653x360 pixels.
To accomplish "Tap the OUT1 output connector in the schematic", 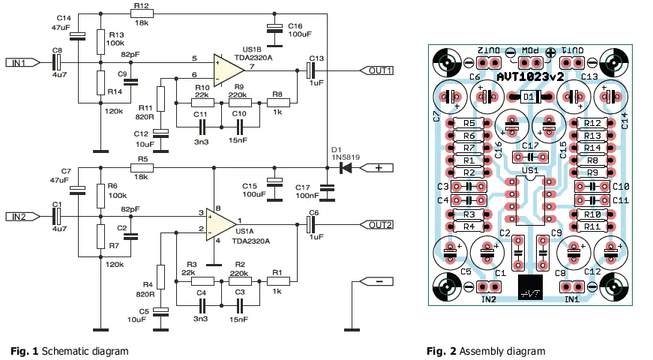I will [x=379, y=70].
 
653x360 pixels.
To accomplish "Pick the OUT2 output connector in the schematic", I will [x=379, y=224].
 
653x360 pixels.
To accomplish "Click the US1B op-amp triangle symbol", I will [x=228, y=69].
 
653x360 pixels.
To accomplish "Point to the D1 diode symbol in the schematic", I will [x=346, y=168].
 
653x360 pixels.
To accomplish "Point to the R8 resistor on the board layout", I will [x=592, y=160].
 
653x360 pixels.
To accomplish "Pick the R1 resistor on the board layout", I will [x=468, y=160].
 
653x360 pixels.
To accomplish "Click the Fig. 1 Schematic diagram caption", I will [x=69, y=351].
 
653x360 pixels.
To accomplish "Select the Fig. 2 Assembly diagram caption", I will [x=485, y=351].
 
